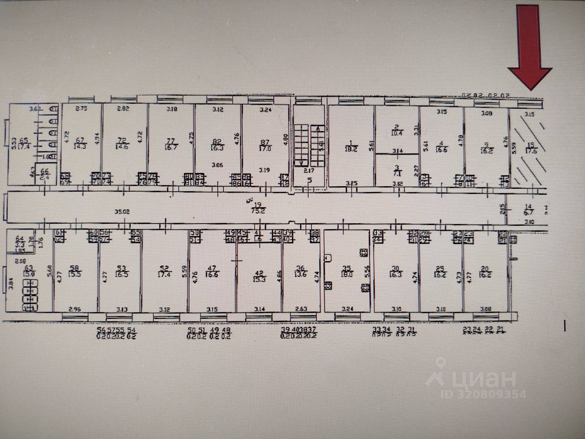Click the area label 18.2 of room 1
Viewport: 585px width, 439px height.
pos(352,149)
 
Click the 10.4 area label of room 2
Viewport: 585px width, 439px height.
pos(396,133)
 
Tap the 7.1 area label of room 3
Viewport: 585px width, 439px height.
pos(397,174)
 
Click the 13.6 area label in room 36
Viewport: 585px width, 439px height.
pos(300,275)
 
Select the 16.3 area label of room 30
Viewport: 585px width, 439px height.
pos(395,275)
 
